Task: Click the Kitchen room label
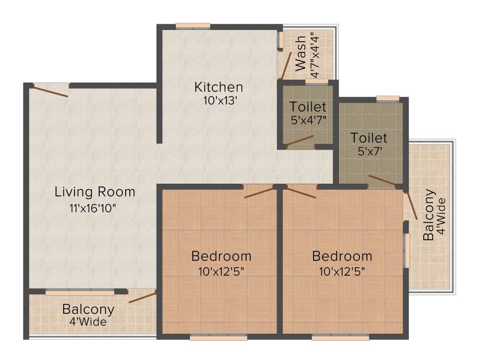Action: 218,87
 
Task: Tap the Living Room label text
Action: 95,192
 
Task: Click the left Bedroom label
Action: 221,256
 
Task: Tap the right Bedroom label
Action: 342,256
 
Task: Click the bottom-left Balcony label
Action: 88,309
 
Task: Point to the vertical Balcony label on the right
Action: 428,215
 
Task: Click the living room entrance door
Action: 51,90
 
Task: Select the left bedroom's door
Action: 259,192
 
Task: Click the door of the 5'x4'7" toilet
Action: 300,141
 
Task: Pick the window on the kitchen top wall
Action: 193,26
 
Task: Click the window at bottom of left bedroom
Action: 218,337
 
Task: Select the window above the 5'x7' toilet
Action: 388,98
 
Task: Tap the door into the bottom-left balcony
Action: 142,297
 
